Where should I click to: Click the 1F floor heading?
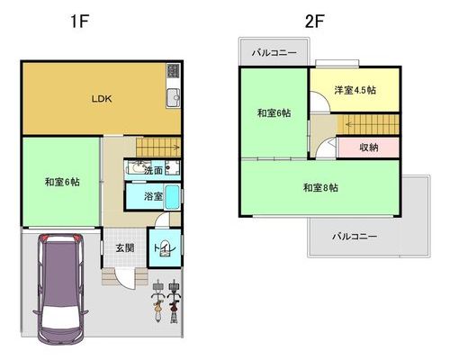tap(79, 22)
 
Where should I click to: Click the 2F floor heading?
tap(314, 22)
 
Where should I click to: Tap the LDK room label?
tap(102, 99)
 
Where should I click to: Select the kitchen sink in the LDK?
tap(174, 98)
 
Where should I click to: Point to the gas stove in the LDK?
tap(174, 71)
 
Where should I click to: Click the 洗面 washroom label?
tap(153, 171)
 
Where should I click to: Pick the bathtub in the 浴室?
tap(172, 197)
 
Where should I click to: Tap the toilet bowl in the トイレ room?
tap(165, 248)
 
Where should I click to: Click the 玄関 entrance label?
tap(125, 248)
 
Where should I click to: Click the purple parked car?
tap(60, 289)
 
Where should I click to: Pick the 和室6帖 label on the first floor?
tap(62, 182)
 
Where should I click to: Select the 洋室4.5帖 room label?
tap(355, 90)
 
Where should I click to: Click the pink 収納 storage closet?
tap(368, 148)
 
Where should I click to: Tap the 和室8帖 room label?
tap(320, 188)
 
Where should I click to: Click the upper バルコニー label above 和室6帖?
tap(274, 53)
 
